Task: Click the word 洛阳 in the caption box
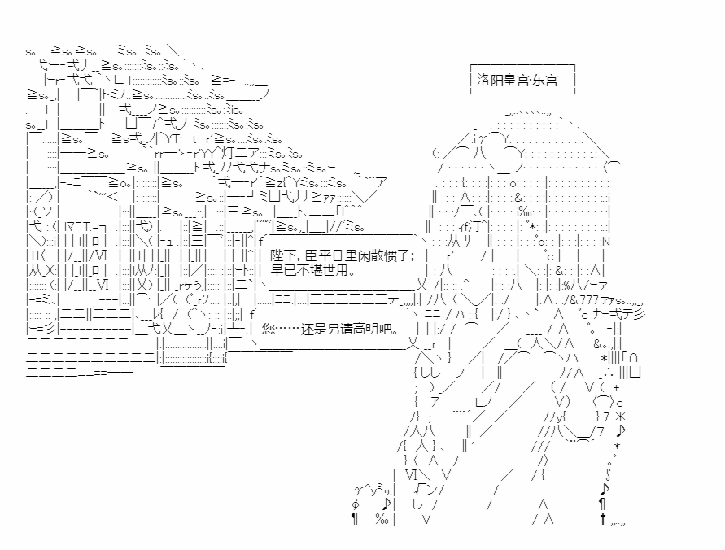pos(490,80)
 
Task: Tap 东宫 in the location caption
pos(545,80)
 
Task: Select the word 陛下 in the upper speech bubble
pos(283,255)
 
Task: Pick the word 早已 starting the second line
pos(283,269)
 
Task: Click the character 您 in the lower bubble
pos(269,329)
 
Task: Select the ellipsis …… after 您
pos(288,329)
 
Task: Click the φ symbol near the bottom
pos(355,504)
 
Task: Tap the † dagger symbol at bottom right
pos(602,518)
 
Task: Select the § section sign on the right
pos(608,474)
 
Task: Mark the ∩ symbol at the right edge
pos(633,358)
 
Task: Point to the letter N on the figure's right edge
pos(606,242)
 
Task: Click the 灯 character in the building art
pos(229,152)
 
